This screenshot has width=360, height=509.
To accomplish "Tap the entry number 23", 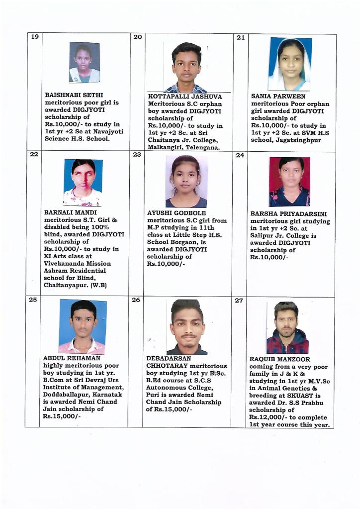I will coord(137,154).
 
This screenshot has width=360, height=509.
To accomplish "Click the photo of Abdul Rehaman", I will coord(83,326).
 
